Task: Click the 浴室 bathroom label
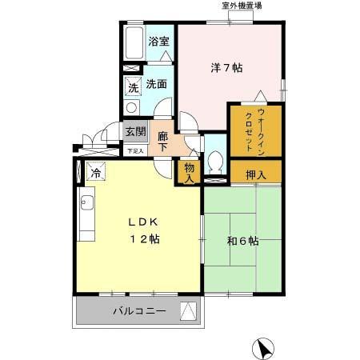coord(158,42)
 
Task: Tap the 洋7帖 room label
coord(227,68)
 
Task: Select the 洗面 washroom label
coord(156,83)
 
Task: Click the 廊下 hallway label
coord(162,141)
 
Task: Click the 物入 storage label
coord(189,172)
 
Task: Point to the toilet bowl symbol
coord(214,162)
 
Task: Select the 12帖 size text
coord(146,240)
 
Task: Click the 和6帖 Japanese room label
coord(242,240)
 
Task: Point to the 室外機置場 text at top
coord(242,6)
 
